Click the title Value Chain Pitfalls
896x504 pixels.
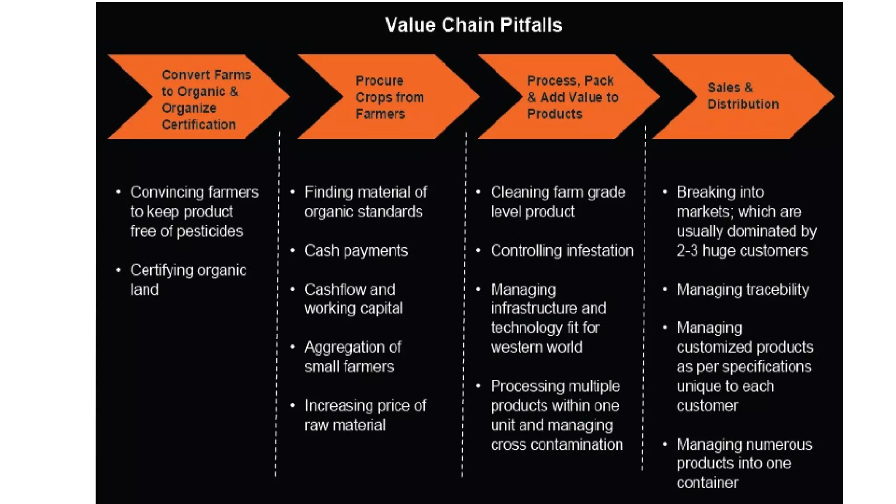pyautogui.click(x=473, y=25)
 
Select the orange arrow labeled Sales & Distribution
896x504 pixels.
pyautogui.click(x=743, y=96)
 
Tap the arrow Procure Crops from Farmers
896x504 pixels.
pyautogui.click(x=389, y=97)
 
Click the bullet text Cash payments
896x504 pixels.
pyautogui.click(x=356, y=251)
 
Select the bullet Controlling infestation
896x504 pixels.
pyautogui.click(x=562, y=251)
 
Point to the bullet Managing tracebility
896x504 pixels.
pyautogui.click(x=742, y=290)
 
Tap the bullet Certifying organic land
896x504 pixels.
pyautogui.click(x=188, y=280)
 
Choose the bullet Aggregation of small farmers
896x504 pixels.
pyautogui.click(x=352, y=357)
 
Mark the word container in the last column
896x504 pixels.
pyautogui.click(x=707, y=483)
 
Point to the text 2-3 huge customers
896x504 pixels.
pyautogui.click(x=742, y=251)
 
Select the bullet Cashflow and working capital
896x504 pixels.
pyautogui.click(x=353, y=299)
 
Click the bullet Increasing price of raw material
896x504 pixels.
pyautogui.click(x=365, y=415)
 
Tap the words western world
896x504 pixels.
pyautogui.click(x=536, y=347)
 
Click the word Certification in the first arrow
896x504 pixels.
pyautogui.click(x=199, y=125)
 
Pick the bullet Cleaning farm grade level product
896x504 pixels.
pyautogui.click(x=557, y=202)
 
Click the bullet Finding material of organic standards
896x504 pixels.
pyautogui.click(x=365, y=202)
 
